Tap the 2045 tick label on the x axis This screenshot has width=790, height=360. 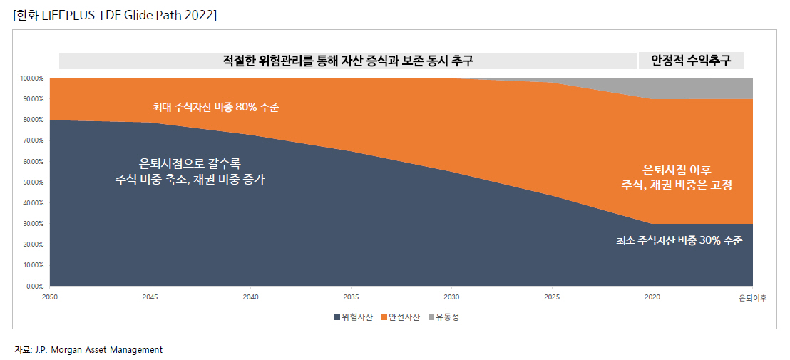(x=150, y=297)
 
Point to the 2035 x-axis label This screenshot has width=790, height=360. (x=351, y=297)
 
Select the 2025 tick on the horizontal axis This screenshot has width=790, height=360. (x=551, y=297)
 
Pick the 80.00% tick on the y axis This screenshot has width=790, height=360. (x=33, y=120)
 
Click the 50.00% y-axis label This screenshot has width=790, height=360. (x=33, y=182)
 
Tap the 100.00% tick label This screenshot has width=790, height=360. (x=31, y=78)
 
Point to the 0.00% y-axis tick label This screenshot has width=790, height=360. (x=34, y=287)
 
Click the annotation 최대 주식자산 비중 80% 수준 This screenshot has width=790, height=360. (x=215, y=108)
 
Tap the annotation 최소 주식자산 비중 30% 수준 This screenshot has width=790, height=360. (x=679, y=241)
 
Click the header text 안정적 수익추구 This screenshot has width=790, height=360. (x=690, y=61)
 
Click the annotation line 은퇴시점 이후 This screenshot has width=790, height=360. (x=677, y=169)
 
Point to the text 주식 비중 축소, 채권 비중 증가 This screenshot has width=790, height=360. (x=190, y=180)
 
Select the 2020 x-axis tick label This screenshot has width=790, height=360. (x=652, y=297)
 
